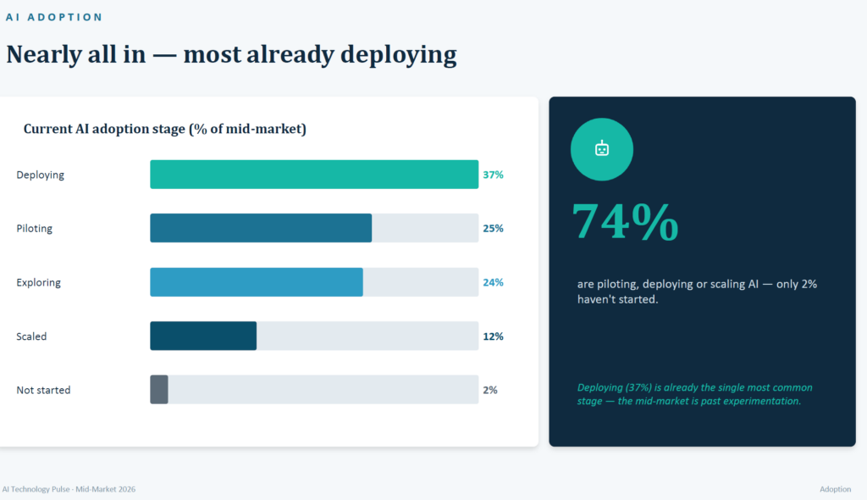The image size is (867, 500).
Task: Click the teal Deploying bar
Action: pyautogui.click(x=314, y=175)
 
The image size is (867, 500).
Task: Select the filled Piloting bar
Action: pyautogui.click(x=261, y=228)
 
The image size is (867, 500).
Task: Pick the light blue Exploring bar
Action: pyautogui.click(x=257, y=282)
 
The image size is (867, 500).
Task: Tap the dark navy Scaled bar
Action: pyautogui.click(x=203, y=336)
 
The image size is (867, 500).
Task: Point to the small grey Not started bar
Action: pyautogui.click(x=159, y=389)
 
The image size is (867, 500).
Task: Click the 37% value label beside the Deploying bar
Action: pyautogui.click(x=494, y=175)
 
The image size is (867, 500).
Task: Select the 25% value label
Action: pyautogui.click(x=494, y=228)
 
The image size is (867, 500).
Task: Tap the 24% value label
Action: pyautogui.click(x=494, y=282)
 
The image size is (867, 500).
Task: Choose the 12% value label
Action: pyautogui.click(x=494, y=336)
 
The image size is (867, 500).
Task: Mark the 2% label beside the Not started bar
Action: pyautogui.click(x=490, y=390)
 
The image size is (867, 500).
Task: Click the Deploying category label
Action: pyautogui.click(x=41, y=175)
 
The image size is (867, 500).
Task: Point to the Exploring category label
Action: pyautogui.click(x=39, y=282)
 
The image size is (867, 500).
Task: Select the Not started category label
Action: pyautogui.click(x=44, y=390)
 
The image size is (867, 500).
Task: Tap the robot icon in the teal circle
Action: pyautogui.click(x=602, y=148)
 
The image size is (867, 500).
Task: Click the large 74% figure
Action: pyautogui.click(x=626, y=221)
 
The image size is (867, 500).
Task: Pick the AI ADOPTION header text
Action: pyautogui.click(x=54, y=17)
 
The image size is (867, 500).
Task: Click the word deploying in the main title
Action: pyautogui.click(x=399, y=55)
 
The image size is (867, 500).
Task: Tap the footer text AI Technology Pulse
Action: pyautogui.click(x=36, y=489)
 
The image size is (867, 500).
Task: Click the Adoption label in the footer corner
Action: pyautogui.click(x=836, y=489)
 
